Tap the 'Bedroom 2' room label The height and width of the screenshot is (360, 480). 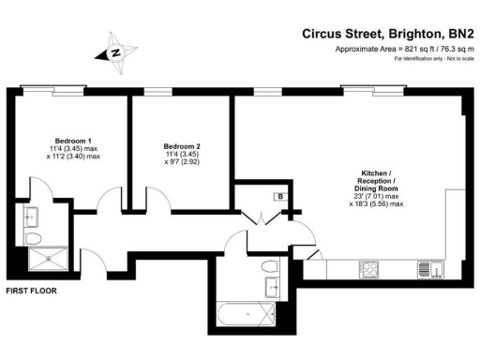181,146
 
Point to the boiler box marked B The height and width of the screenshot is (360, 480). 279,196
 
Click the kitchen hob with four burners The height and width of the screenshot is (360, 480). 371,268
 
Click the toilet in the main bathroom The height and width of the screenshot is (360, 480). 270,263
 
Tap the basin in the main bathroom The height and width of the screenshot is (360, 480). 274,287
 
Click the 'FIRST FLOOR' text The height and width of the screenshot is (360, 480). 31,292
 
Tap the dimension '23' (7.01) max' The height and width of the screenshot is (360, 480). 379,195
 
